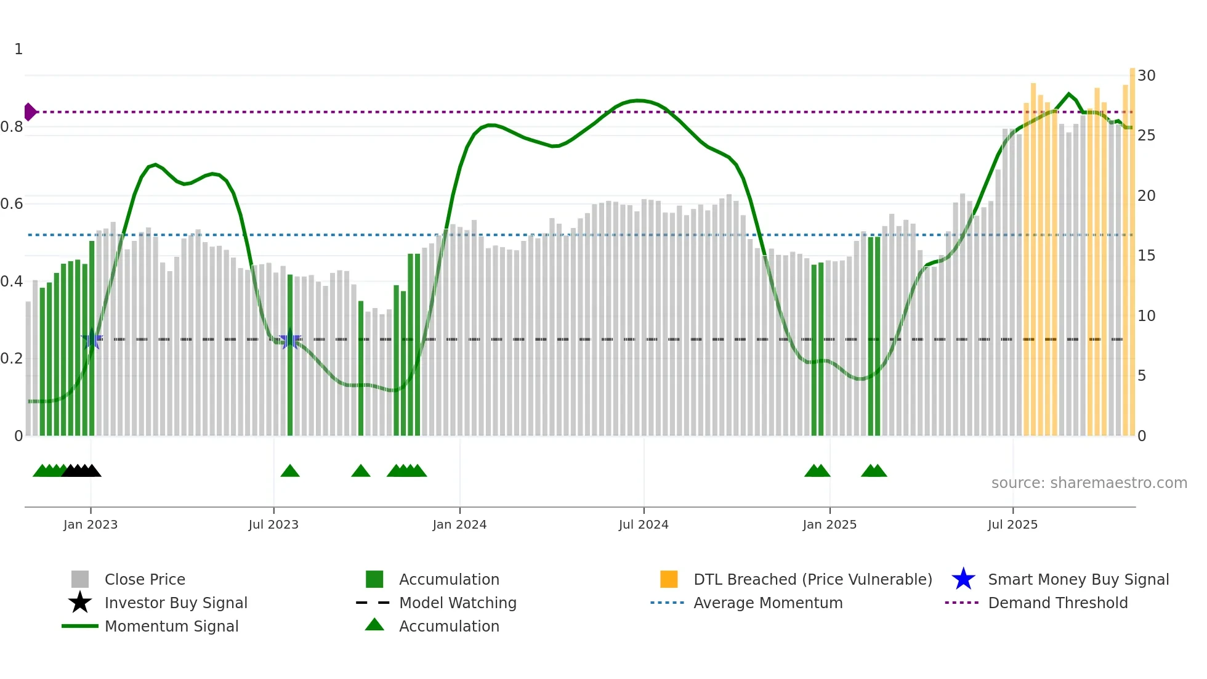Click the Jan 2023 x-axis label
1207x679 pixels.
coord(91,524)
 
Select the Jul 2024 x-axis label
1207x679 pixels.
coord(644,524)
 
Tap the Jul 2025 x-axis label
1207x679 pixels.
coord(1012,524)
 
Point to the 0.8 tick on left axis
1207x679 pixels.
coord(12,127)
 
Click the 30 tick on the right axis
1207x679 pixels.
coord(1146,76)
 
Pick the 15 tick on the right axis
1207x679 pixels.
coord(1146,256)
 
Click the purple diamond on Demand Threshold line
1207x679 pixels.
coord(30,112)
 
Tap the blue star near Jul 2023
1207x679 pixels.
coord(290,339)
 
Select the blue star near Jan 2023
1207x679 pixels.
coord(92,339)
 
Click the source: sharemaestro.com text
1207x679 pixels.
coord(1089,483)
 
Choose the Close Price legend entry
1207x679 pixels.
coord(145,580)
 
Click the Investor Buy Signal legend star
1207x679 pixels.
coord(80,603)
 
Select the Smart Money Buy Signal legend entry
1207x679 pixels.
coord(1078,580)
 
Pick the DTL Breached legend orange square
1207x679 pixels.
coord(669,579)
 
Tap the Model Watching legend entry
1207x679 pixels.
coord(457,603)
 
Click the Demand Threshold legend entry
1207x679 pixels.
coord(1057,603)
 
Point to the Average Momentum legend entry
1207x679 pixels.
coord(767,603)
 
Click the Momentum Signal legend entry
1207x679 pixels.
coord(171,627)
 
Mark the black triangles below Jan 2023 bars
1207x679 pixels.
coord(81,471)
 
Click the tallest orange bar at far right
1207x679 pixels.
coord(1132,246)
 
